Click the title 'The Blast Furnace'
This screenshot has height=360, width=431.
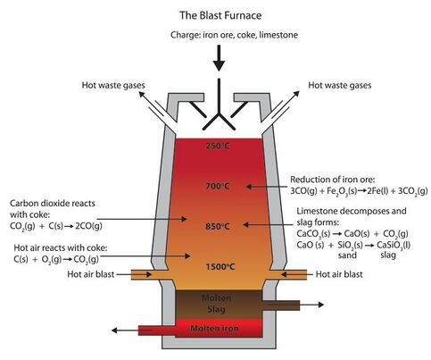(x=220, y=15)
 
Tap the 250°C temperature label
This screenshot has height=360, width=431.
(x=218, y=146)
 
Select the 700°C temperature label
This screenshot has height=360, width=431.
(x=218, y=186)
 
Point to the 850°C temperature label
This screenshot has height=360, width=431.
(x=218, y=226)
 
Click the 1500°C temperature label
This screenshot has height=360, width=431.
(x=220, y=266)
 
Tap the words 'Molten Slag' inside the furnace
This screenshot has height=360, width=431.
(x=217, y=304)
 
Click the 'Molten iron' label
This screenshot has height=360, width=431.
(x=214, y=328)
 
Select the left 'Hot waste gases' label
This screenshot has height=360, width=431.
(x=113, y=86)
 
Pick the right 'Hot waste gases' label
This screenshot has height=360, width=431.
(x=340, y=86)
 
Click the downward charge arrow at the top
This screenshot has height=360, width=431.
(x=219, y=58)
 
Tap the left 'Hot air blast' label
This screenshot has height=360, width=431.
(x=91, y=274)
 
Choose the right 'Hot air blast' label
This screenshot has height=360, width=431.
(x=339, y=274)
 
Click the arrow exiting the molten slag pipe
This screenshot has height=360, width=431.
(x=311, y=305)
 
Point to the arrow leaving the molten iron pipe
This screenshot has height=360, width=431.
(x=125, y=331)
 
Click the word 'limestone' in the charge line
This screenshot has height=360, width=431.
(x=278, y=35)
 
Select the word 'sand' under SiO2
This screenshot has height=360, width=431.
(x=347, y=255)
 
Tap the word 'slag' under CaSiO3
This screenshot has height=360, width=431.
(x=388, y=255)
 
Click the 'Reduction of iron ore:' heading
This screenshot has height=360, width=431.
(x=333, y=180)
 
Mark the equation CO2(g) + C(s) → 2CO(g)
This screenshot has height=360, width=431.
(x=56, y=226)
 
